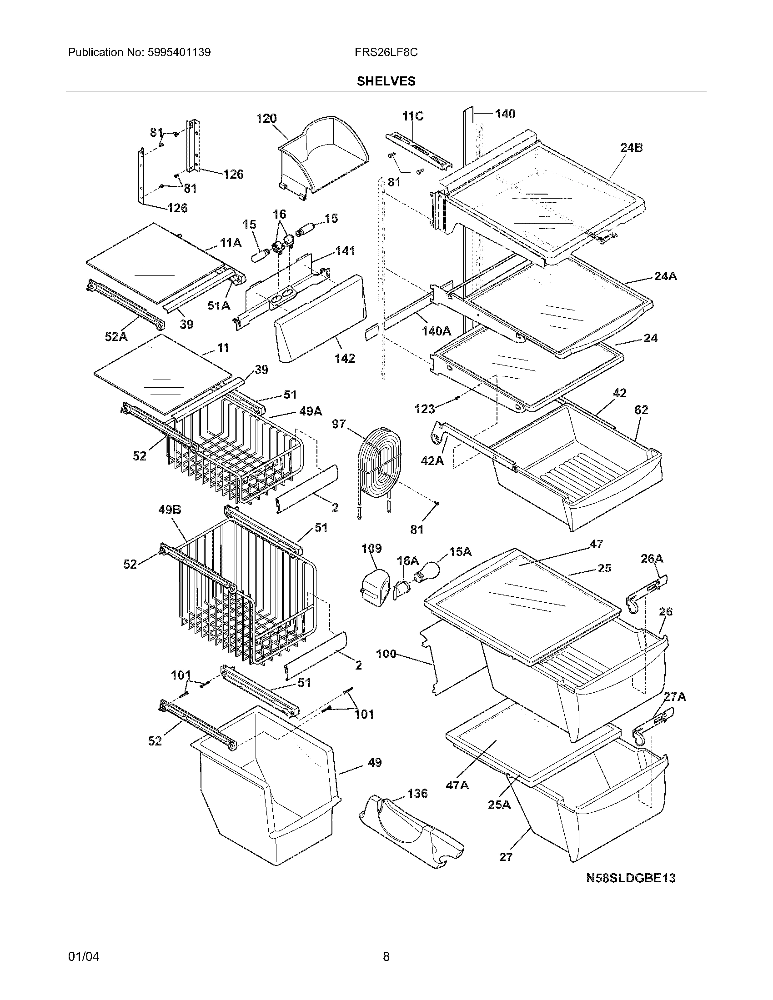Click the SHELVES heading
[x=386, y=81]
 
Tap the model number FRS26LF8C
[x=386, y=52]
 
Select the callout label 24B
[x=632, y=148]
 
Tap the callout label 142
[x=344, y=358]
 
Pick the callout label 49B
[x=170, y=510]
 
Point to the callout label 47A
[x=457, y=785]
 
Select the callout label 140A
[x=437, y=330]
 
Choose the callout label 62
[x=641, y=410]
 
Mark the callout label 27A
[x=674, y=697]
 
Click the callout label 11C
[x=412, y=116]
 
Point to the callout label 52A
[x=116, y=337]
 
